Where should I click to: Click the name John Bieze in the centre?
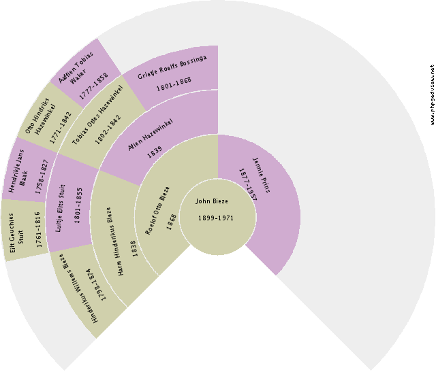[x=212, y=201]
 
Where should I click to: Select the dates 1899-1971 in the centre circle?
[x=217, y=218]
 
